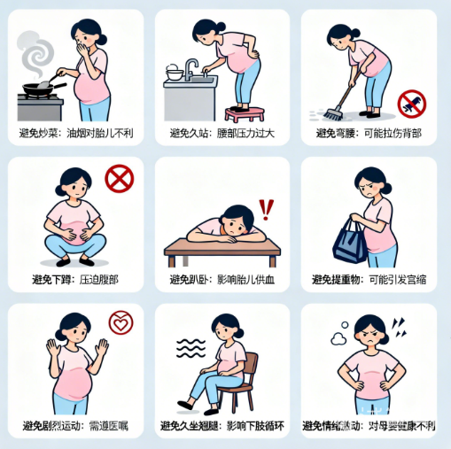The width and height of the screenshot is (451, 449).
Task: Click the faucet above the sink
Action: pos(191,68)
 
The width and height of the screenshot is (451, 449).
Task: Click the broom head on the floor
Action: pos(330,114)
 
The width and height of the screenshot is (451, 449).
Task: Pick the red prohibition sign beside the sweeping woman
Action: pos(411,103)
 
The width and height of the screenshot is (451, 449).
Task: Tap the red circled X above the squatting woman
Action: pos(118,179)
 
